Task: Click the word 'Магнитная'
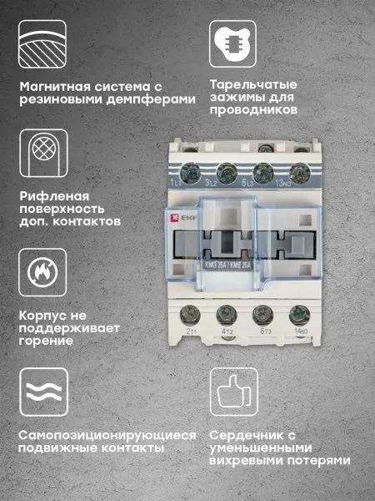coord(51,86)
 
